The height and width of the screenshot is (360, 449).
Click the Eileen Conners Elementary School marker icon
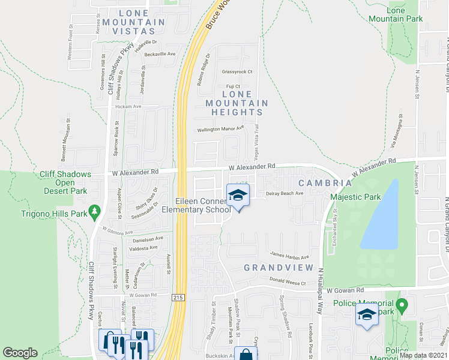[x=238, y=195]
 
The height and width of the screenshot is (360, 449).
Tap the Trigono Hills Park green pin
[x=94, y=211]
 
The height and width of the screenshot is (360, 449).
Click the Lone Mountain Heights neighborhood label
[x=237, y=103]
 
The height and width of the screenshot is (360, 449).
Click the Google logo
[x=20, y=353]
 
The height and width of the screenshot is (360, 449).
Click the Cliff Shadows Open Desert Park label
[x=65, y=182]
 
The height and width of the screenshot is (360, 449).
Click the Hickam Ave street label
[x=128, y=106]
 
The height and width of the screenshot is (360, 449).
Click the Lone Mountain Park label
[x=405, y=14]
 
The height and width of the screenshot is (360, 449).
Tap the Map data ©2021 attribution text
[x=423, y=355]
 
